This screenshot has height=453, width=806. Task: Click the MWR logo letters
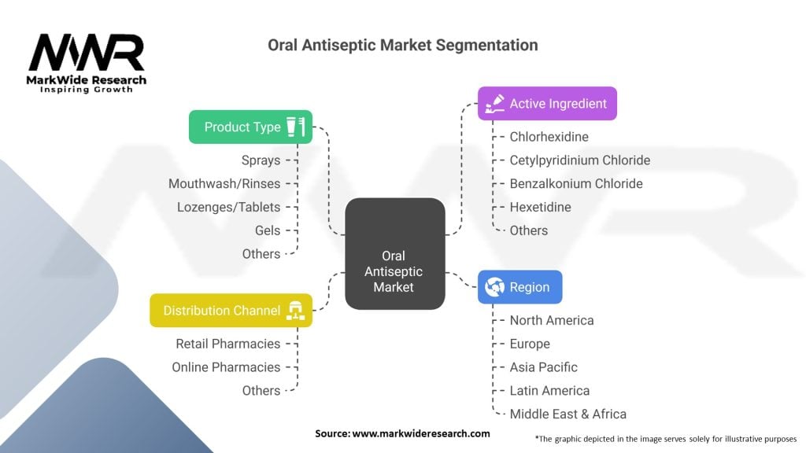(x=87, y=53)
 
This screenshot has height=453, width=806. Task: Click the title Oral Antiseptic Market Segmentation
(x=403, y=45)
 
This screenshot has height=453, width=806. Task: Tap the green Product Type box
(x=250, y=127)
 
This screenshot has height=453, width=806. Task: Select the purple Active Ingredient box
(x=547, y=103)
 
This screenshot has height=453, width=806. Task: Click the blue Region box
(x=519, y=287)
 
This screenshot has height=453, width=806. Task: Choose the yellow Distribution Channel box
(x=231, y=311)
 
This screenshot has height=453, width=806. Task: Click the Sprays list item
(x=261, y=160)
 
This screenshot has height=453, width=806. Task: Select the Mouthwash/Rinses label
(x=224, y=184)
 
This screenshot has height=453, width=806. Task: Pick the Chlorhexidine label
(x=549, y=137)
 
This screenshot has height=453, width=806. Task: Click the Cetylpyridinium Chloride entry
(x=579, y=160)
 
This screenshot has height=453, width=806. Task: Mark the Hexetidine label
(x=540, y=207)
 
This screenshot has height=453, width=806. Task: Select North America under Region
(x=551, y=320)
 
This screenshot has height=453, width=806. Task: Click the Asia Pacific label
(x=543, y=367)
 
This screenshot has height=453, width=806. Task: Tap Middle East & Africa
(x=568, y=414)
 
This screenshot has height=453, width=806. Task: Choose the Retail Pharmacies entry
(x=227, y=344)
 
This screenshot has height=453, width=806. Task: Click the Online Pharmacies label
(x=226, y=367)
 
